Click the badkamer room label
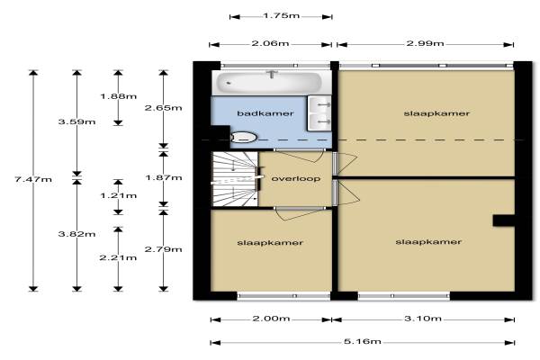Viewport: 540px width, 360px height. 265,113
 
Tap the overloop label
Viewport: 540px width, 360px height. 296,178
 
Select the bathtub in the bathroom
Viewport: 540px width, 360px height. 269,82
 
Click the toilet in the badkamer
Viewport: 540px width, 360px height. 244,137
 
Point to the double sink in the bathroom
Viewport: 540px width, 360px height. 319,113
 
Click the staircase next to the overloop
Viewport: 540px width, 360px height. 235,179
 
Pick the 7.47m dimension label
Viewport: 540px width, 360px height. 33,179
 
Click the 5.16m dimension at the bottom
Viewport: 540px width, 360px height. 363,341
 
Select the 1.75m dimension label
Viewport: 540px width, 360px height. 281,16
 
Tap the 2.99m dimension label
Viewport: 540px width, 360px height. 426,43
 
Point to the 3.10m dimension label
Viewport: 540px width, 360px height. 423,319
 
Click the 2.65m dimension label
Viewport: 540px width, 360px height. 163,108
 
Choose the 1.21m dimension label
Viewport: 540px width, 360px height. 118,195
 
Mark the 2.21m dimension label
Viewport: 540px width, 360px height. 118,257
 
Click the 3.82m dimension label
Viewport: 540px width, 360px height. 76,234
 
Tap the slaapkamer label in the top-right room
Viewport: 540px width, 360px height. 436,113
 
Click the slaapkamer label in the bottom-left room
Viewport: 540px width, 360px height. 270,242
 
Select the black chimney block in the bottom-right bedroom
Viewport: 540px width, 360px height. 503,220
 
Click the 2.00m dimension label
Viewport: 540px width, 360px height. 272,319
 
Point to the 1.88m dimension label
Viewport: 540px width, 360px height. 118,96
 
